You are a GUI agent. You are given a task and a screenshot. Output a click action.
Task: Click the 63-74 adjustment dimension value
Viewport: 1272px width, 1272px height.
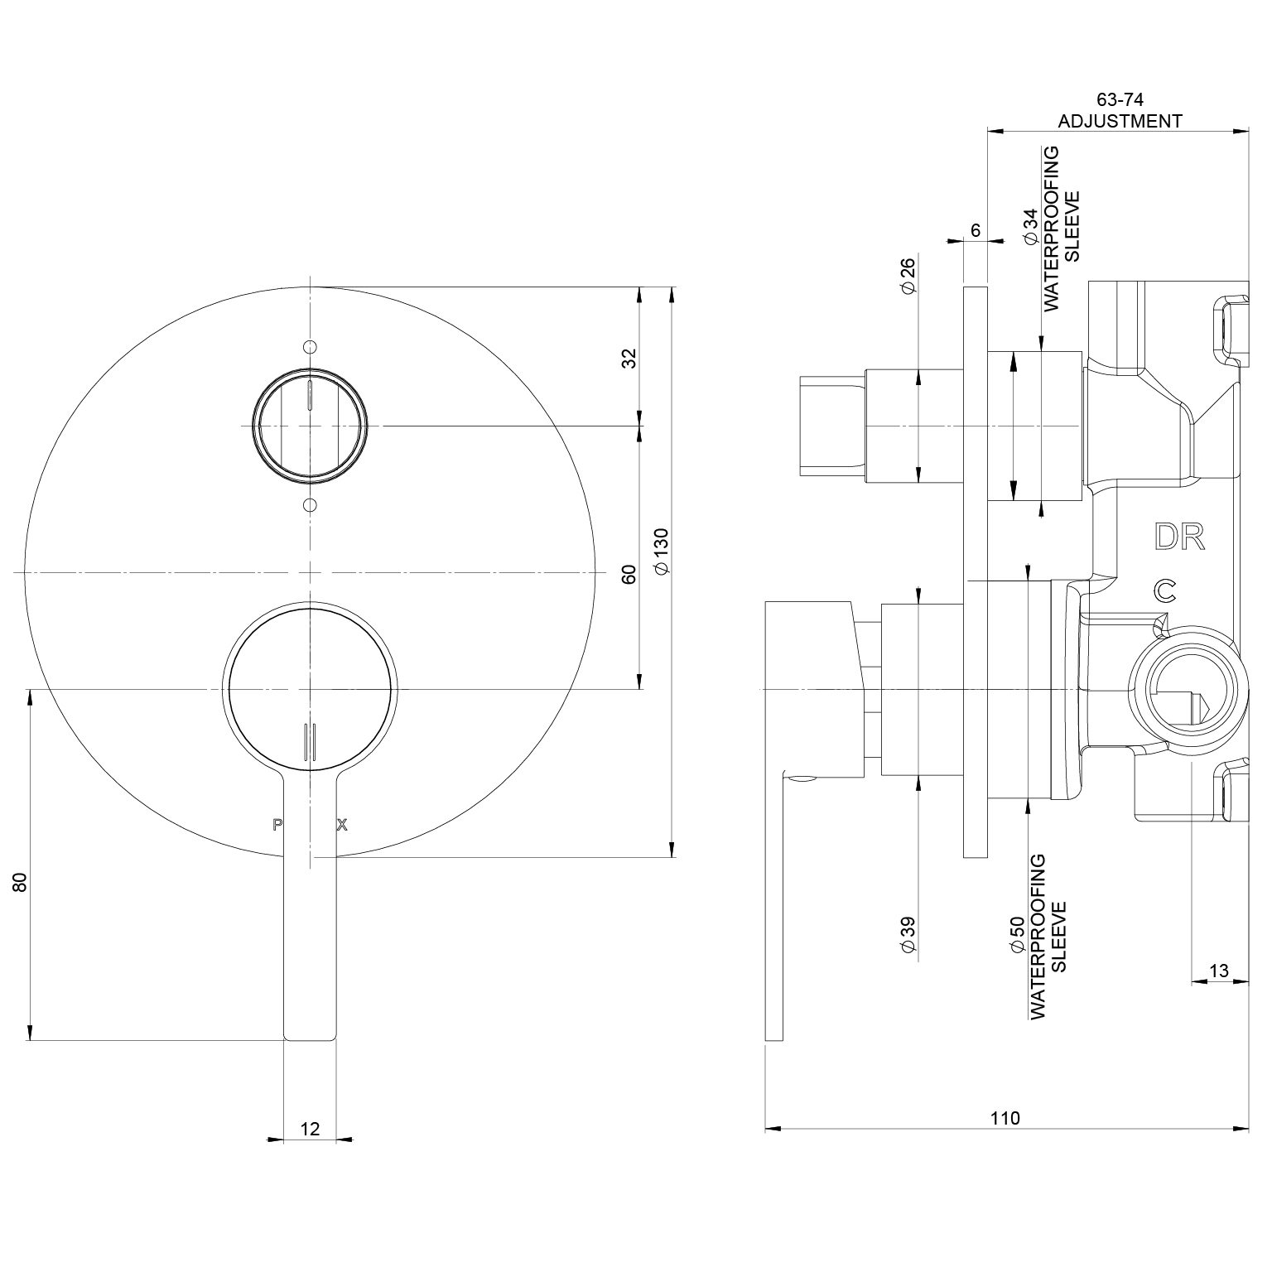pos(1119,100)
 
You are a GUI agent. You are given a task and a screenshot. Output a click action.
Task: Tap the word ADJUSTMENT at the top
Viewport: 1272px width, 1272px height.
pos(1120,121)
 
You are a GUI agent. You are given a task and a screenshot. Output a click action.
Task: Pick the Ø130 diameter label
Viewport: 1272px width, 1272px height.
pos(660,550)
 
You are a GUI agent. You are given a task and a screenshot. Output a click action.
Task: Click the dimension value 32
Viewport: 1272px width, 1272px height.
pos(629,358)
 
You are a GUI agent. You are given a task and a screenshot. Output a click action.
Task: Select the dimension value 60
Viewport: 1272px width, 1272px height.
pos(629,574)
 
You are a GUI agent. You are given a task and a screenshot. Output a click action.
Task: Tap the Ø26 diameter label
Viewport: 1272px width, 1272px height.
pos(908,275)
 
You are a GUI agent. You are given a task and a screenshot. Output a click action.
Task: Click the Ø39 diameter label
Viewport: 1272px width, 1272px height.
pos(908,934)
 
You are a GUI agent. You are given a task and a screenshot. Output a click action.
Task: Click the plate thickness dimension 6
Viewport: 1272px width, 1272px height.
pos(976,230)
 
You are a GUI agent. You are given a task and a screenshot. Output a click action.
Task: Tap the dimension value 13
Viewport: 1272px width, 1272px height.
pos(1219,971)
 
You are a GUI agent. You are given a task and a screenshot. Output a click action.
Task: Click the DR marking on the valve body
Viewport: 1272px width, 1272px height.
pos(1179,537)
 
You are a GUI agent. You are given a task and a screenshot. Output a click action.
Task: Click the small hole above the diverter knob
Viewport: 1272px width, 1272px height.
pos(310,346)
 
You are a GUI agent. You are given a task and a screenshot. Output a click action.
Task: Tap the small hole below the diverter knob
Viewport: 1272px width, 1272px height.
pos(310,504)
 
